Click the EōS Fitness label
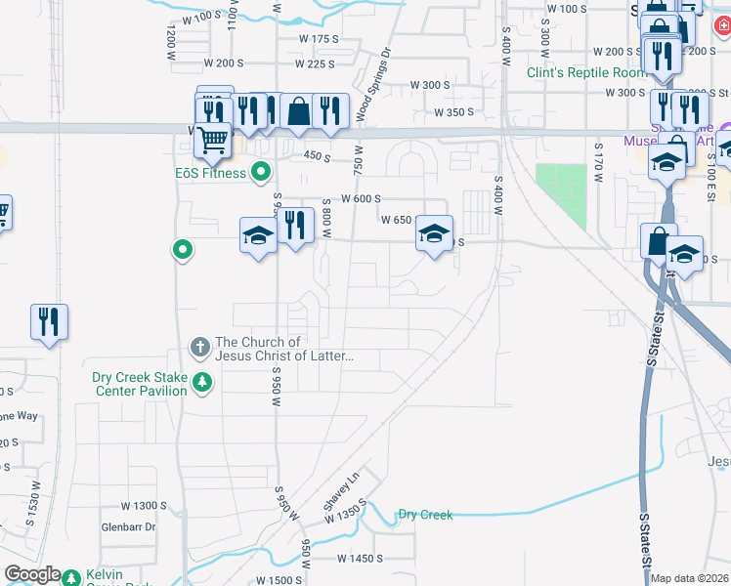(205, 174)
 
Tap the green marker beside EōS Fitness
(261, 174)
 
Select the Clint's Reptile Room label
(586, 72)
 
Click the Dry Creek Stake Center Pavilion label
(139, 384)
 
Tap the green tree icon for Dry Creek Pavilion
(202, 382)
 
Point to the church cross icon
(199, 346)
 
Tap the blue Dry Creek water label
(425, 515)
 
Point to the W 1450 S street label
(361, 559)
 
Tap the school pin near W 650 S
(434, 233)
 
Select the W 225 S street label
(315, 63)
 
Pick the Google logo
(32, 575)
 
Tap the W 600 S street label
(360, 198)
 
